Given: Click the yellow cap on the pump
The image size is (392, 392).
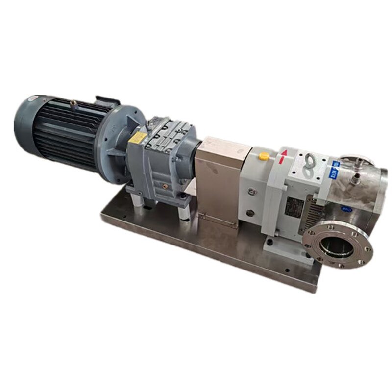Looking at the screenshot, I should pos(264,156).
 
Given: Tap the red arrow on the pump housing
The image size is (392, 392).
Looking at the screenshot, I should pos(282,157).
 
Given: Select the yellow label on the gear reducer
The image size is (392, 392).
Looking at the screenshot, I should pos(138,137).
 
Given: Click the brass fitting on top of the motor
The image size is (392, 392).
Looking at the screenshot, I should pos(73,103).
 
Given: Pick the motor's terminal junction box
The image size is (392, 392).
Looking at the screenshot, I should pos(107,101).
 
